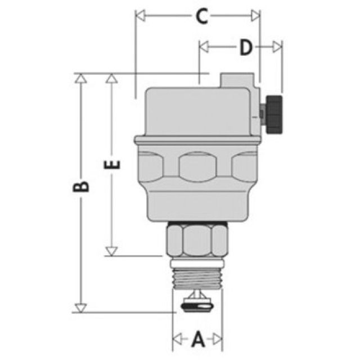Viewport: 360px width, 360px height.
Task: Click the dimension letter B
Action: (x=82, y=186)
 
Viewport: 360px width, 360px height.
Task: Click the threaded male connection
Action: (x=197, y=276)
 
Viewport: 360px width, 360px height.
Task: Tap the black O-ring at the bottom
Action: (x=197, y=307)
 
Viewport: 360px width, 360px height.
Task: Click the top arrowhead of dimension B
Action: (x=82, y=77)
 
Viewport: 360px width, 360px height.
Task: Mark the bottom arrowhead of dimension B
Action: (x=82, y=308)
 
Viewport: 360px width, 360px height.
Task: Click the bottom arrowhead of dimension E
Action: (x=112, y=251)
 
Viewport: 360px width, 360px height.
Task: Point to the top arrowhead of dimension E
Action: (x=112, y=77)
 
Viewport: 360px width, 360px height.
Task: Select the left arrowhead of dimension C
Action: (x=140, y=16)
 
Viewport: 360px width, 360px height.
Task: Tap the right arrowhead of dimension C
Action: (x=256, y=16)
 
